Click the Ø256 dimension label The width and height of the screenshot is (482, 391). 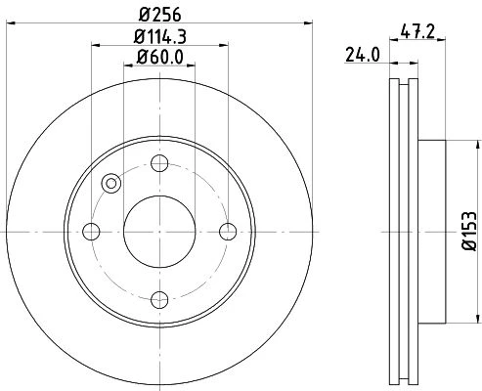[159, 15]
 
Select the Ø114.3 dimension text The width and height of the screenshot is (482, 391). [159, 37]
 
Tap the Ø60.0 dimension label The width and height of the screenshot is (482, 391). [159, 57]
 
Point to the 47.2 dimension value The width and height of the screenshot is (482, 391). [417, 32]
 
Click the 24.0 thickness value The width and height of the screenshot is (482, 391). [363, 55]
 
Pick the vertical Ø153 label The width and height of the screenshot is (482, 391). [469, 231]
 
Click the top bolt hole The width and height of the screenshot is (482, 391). [159, 163]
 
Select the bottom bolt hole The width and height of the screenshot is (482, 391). [159, 300]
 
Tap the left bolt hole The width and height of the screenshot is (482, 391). [91, 232]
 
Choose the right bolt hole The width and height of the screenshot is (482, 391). [228, 232]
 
